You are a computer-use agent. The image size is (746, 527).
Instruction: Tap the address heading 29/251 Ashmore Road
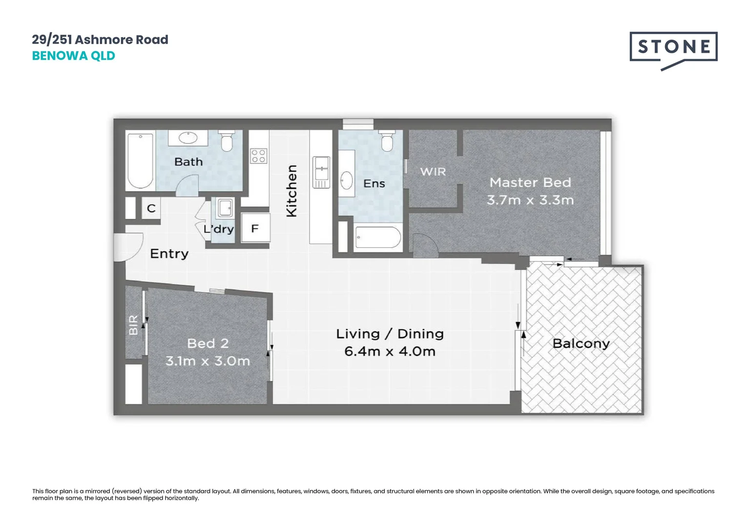point(100,40)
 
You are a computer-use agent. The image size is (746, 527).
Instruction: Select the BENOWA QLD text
point(73,56)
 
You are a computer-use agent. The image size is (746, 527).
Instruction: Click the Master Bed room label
point(530,182)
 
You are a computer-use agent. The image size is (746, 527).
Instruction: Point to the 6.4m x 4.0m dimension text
point(390,351)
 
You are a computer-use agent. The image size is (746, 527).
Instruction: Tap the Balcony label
point(581,344)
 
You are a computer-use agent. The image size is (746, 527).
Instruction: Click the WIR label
point(433,172)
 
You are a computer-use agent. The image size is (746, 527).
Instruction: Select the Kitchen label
point(291,191)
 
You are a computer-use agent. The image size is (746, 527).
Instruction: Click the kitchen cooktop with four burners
point(259,156)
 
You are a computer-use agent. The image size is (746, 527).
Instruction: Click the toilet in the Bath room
point(227,141)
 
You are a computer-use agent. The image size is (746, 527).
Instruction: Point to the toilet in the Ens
point(387,141)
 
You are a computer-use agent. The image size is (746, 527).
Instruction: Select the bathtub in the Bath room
point(140,161)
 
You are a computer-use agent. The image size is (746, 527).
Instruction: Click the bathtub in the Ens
point(378,238)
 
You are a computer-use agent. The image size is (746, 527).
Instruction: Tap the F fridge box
point(255,228)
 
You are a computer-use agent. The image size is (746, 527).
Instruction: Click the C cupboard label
point(151,208)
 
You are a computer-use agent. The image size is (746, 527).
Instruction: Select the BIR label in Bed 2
point(133,324)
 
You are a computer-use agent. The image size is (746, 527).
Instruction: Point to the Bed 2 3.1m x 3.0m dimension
point(207,361)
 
